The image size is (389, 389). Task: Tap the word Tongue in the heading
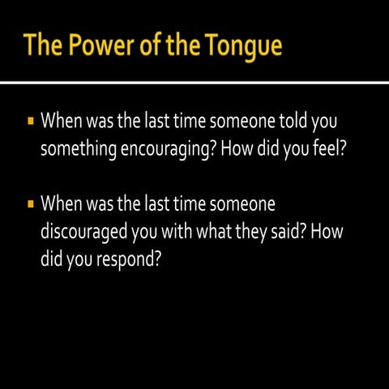click(241, 45)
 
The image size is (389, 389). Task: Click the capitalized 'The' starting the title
click(45, 45)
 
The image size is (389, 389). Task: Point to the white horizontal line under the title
click(194, 83)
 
